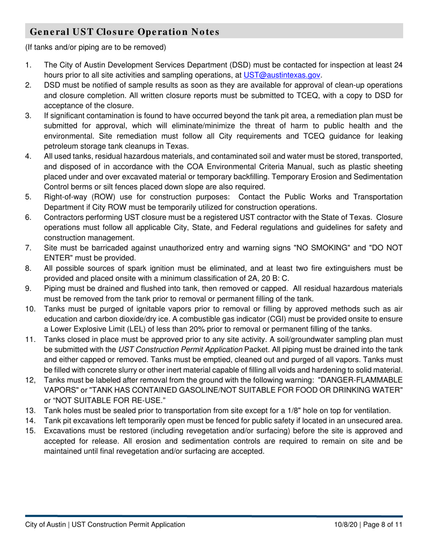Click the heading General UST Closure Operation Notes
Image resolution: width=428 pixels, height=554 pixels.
coord(124,32)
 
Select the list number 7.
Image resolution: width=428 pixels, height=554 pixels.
coord(28,248)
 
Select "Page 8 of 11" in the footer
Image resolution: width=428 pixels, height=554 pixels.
coord(382,524)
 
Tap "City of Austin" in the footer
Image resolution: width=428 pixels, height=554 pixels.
coord(46,524)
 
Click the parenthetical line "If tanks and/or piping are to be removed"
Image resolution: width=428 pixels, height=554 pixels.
coord(96,47)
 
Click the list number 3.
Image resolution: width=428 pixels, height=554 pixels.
coord(28,116)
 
